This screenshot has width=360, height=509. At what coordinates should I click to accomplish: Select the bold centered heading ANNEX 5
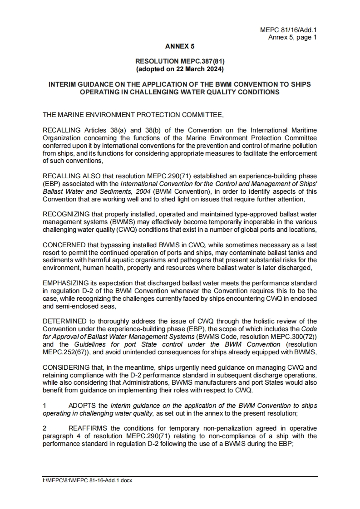pyautogui.click(x=180, y=46)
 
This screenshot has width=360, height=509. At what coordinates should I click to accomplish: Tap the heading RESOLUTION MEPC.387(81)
pyautogui.click(x=180, y=61)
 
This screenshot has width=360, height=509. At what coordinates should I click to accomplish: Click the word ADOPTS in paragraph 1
pyautogui.click(x=82, y=405)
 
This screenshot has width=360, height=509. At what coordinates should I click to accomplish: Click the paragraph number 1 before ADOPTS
pyautogui.click(x=44, y=405)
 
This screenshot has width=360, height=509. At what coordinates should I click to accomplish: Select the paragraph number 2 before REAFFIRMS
pyautogui.click(x=44, y=429)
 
